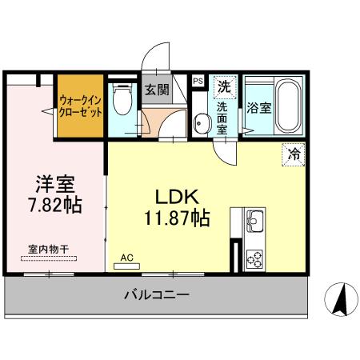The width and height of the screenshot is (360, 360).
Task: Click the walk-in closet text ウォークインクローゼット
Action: tap(81, 107)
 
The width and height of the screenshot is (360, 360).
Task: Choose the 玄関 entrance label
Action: tap(156, 90)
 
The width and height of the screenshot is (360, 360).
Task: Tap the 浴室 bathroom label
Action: tap(257, 106)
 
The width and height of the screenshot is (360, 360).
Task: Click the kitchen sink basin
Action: tap(254, 219)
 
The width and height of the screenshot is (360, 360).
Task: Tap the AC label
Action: tap(126, 258)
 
